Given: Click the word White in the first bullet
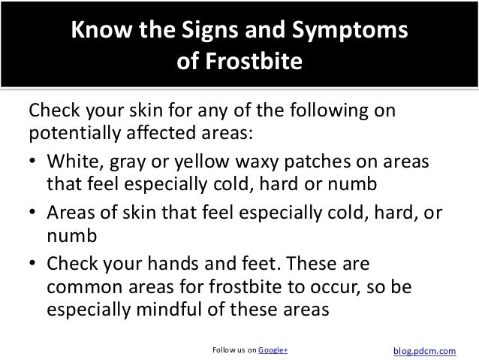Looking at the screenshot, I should pos(71,164).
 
